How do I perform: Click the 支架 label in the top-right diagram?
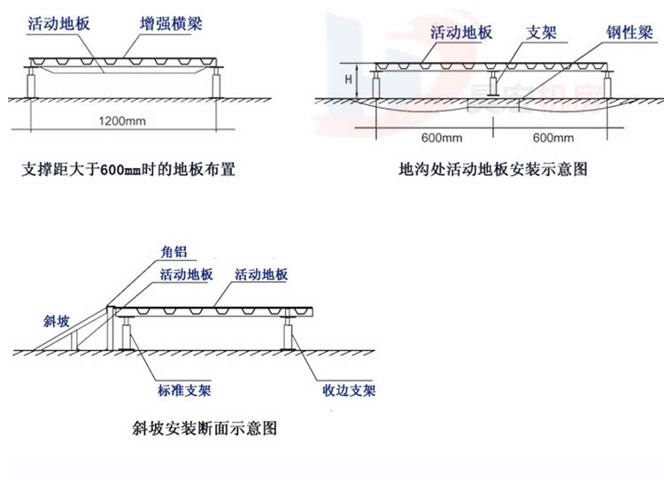tap(540, 33)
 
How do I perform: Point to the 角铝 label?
tap(174, 251)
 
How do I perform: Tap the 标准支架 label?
tap(173, 390)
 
